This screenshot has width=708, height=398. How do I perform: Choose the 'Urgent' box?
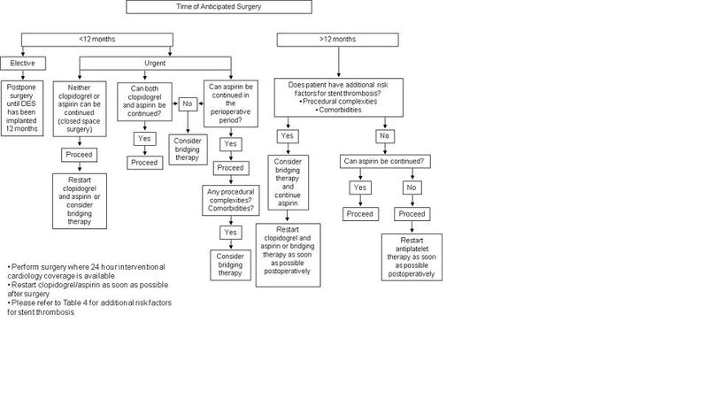coord(155,63)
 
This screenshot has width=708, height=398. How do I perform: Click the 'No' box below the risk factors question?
coord(382,136)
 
